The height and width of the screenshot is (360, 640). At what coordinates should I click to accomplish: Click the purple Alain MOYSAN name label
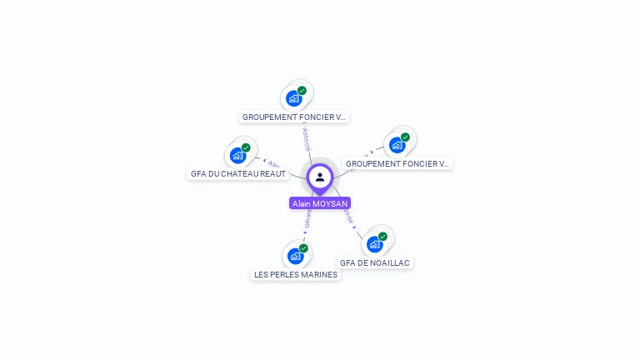(x=320, y=203)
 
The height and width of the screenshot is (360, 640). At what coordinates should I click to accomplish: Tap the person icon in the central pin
(x=320, y=177)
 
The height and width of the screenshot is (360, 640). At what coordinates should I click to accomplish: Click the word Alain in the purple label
(x=302, y=203)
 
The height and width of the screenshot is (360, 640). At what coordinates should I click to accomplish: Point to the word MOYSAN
(x=330, y=203)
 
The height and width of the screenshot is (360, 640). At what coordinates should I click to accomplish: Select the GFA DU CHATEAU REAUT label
(x=238, y=174)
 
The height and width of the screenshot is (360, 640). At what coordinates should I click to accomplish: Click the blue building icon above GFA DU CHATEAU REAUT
(x=238, y=155)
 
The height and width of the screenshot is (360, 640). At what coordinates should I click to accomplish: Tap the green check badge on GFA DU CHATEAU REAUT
(x=246, y=147)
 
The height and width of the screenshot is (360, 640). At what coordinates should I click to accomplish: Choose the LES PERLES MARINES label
(x=296, y=275)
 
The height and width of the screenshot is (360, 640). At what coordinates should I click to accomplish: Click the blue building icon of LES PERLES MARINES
(x=295, y=256)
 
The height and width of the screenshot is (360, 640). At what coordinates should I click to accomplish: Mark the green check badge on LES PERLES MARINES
(x=303, y=248)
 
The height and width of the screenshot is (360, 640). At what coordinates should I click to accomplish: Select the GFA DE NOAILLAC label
(x=375, y=262)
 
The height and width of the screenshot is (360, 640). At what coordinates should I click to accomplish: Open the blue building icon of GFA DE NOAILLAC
(x=374, y=244)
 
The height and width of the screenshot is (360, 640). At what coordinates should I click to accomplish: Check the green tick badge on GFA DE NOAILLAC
(x=382, y=237)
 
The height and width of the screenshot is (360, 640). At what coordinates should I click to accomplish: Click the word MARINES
(x=319, y=275)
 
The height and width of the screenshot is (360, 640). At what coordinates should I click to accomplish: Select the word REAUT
(x=273, y=174)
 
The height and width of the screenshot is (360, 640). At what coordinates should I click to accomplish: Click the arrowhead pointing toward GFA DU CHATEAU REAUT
(x=263, y=160)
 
